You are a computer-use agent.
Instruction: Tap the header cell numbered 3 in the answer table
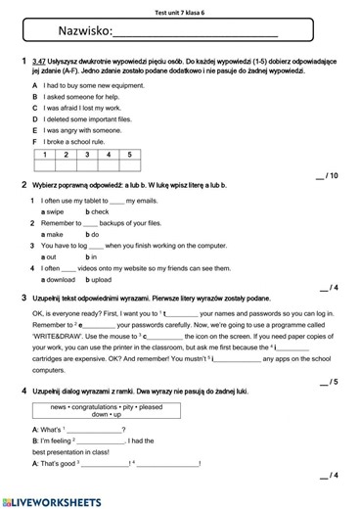pos(87,154)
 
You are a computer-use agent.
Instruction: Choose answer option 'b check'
pos(97,211)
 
